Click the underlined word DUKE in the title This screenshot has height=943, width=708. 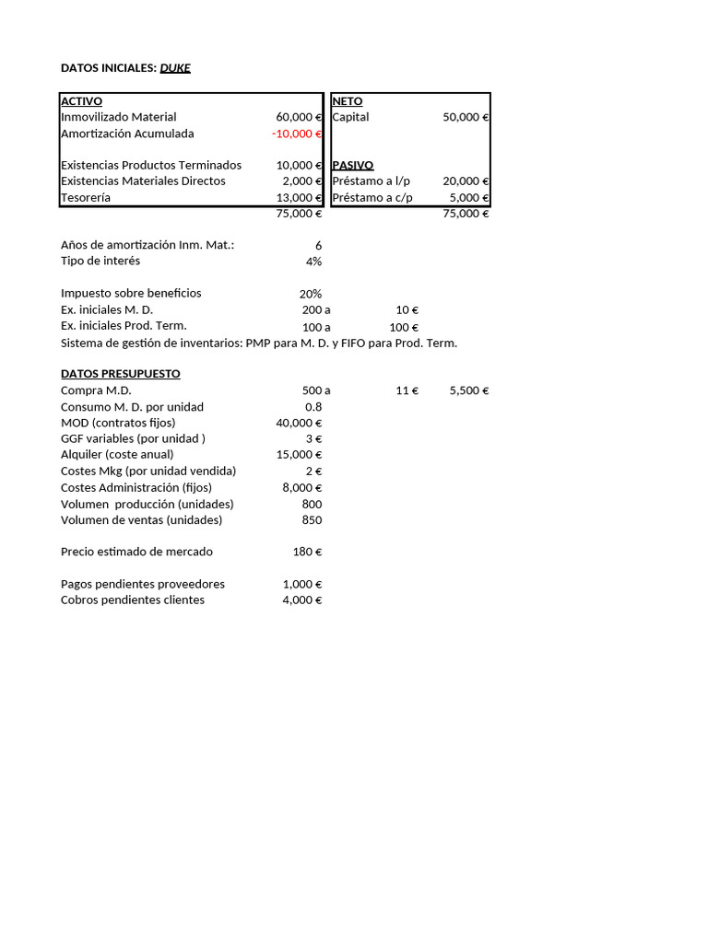click(175, 68)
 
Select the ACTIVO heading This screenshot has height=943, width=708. click(81, 101)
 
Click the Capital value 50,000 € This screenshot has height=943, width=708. click(466, 117)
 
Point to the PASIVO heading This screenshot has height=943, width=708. click(352, 165)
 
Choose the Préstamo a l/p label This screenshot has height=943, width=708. click(371, 181)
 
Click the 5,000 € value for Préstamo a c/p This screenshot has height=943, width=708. click(469, 197)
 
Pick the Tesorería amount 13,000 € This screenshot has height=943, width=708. click(299, 197)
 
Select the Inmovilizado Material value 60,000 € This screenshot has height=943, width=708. click(299, 117)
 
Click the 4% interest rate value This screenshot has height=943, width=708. click(313, 261)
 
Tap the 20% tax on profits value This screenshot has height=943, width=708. click(311, 294)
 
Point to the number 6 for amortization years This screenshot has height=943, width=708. click(318, 245)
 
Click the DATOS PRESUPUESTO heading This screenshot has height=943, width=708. click(120, 374)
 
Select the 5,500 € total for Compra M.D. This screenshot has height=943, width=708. click(469, 390)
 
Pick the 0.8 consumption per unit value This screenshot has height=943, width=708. click(313, 407)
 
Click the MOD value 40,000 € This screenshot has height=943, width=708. click(299, 423)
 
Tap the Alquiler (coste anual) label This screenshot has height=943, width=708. click(117, 454)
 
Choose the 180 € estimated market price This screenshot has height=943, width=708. click(307, 552)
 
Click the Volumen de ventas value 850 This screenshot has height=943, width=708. click(312, 519)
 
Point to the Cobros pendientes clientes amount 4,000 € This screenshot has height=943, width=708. click(301, 600)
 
